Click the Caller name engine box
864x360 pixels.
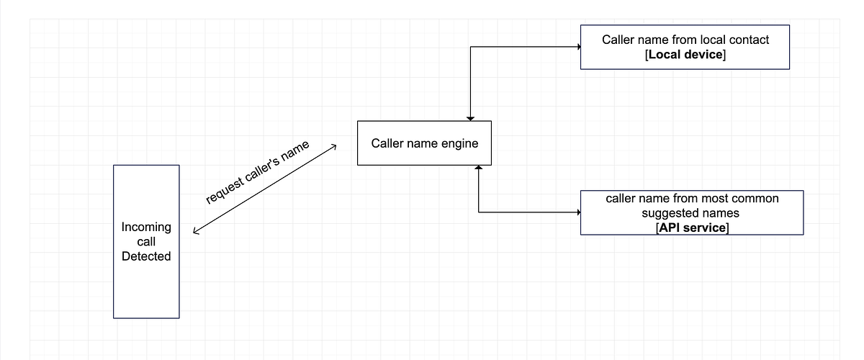424,143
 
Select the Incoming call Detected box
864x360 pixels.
146,241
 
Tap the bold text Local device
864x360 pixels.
685,55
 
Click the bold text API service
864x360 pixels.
691,228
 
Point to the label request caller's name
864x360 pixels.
258,173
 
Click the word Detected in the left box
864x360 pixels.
146,256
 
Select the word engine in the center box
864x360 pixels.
461,143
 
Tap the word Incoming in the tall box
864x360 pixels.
146,227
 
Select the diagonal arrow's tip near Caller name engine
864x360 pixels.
334,147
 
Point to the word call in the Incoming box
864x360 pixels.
146,242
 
